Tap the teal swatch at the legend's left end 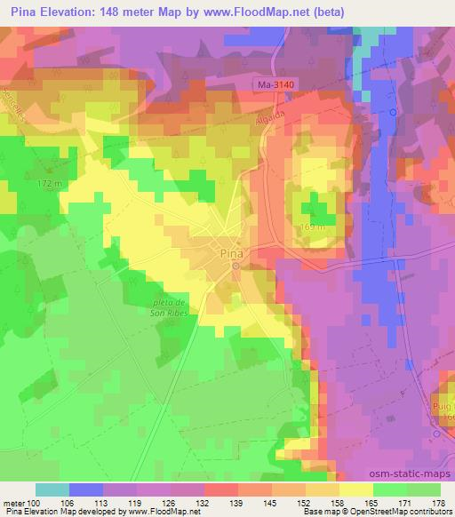click(x=52, y=489)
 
